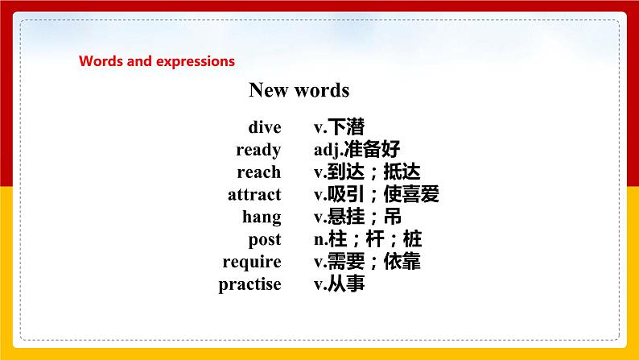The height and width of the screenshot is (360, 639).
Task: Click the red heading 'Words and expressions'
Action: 157,61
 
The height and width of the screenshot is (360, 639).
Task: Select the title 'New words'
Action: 299,90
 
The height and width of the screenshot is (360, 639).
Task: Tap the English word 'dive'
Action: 265,127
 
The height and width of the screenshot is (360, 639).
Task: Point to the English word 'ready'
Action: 258,150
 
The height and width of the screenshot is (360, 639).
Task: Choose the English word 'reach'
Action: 258,172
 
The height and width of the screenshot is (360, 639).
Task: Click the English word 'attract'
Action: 254,195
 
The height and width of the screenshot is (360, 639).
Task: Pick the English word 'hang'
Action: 262,217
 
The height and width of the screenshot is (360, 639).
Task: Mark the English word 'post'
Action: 265,239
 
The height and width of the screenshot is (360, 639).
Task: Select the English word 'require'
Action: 252,262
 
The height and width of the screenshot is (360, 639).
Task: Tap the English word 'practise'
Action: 249,284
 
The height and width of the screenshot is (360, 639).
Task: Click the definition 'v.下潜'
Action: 339,127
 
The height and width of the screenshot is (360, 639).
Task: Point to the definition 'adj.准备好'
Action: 357,150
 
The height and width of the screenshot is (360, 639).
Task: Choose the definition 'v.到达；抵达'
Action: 367,172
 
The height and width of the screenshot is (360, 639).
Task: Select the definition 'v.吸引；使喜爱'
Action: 377,195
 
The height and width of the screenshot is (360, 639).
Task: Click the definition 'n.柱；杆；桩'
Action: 367,239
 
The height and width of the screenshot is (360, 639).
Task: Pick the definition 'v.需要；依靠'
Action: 367,262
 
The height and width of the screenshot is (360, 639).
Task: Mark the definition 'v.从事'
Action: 339,284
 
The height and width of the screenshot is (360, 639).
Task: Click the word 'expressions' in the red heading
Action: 200,61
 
